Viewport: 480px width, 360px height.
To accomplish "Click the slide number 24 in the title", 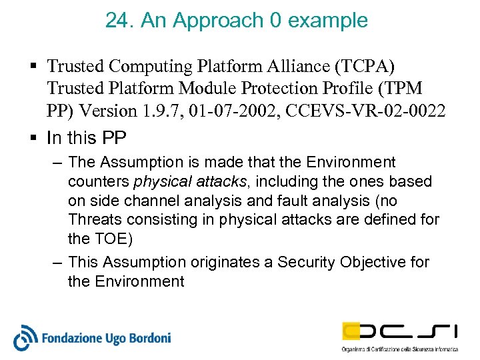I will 117,20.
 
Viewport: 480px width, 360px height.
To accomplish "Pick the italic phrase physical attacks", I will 190,181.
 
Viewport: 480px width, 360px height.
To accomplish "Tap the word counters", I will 99,181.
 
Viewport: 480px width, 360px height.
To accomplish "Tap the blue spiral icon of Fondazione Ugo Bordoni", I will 25,338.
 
